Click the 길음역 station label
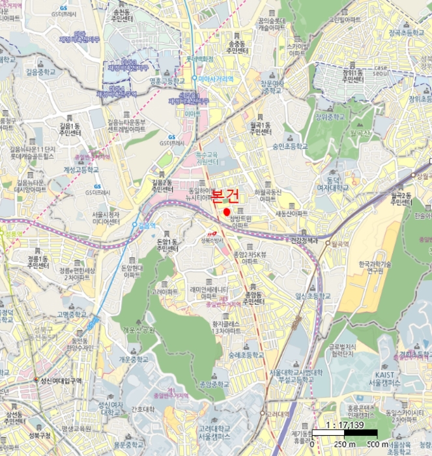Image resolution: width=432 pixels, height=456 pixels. pyautogui.click(x=147, y=225)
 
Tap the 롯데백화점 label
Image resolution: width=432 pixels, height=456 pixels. pyautogui.click(x=200, y=58)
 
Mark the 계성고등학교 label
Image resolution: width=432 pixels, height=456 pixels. pyautogui.click(x=81, y=169)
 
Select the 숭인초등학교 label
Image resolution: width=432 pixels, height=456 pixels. pyautogui.click(x=290, y=147)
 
